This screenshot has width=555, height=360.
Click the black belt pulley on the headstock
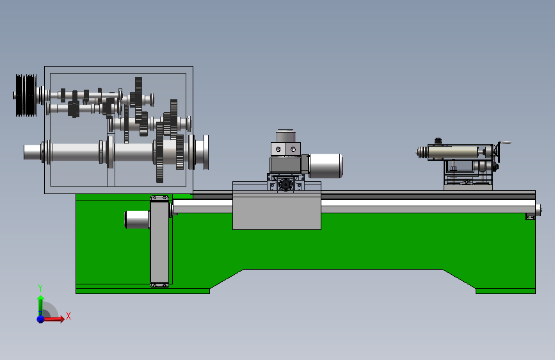pos(26,95)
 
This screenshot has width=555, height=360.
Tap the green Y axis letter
pos(40,288)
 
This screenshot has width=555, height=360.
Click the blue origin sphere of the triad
pos(41,319)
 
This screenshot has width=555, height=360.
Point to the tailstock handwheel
pos(499,152)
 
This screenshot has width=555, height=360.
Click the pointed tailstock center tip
pos(416,152)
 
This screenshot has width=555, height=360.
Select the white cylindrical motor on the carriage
pos(326,165)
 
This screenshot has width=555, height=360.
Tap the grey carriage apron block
pos(277,211)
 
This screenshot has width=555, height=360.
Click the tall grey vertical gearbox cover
pos(159,241)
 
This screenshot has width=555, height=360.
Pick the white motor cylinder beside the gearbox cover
pos(137,219)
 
